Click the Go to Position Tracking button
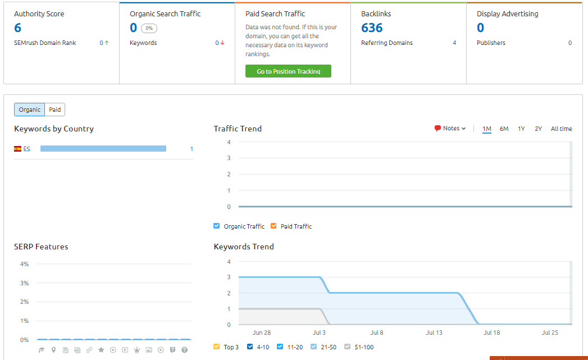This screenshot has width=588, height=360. (x=288, y=71)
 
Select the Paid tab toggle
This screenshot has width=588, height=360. (x=54, y=110)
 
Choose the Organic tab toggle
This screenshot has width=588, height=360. (x=30, y=110)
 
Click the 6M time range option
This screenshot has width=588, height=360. (x=504, y=129)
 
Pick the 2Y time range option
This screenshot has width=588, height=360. (x=538, y=129)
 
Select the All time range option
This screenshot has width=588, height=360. (x=561, y=129)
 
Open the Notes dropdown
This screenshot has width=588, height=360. (x=450, y=129)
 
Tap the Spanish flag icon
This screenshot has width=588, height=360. (x=18, y=149)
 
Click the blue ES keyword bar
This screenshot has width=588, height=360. (x=103, y=149)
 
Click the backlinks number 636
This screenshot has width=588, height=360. (x=372, y=28)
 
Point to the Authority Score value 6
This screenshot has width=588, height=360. (x=18, y=28)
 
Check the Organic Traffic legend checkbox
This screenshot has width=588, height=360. (x=217, y=226)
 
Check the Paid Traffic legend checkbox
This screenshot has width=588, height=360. (x=274, y=226)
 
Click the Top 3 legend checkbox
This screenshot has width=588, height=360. (x=217, y=347)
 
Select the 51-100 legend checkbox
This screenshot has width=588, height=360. (x=347, y=347)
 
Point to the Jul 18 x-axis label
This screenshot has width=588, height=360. (x=491, y=332)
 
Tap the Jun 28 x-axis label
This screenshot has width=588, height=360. (x=262, y=332)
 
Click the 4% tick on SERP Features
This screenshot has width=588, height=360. (x=24, y=264)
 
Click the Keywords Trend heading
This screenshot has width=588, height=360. (x=244, y=247)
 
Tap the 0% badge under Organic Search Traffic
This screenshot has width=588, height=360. (x=149, y=28)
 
